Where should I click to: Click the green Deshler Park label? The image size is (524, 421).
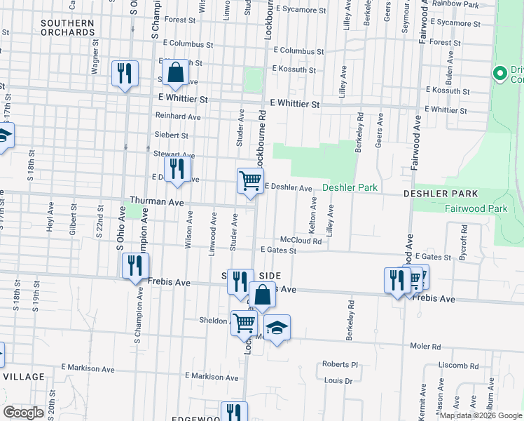click(350, 188)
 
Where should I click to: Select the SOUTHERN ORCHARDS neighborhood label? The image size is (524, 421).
click(67, 27)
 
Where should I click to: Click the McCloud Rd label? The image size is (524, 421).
click(301, 241)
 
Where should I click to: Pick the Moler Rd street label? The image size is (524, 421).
click(425, 347)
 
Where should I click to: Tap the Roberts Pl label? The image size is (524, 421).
click(340, 365)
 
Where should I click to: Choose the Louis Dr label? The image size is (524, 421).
click(338, 380)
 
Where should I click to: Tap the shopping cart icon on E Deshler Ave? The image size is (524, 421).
click(250, 181)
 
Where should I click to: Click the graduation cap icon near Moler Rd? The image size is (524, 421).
click(277, 328)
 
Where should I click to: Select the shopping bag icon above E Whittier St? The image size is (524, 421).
click(176, 72)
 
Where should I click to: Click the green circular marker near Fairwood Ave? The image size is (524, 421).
click(499, 72)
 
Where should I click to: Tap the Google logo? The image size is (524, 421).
click(24, 413)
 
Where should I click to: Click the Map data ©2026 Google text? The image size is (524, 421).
click(481, 415)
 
